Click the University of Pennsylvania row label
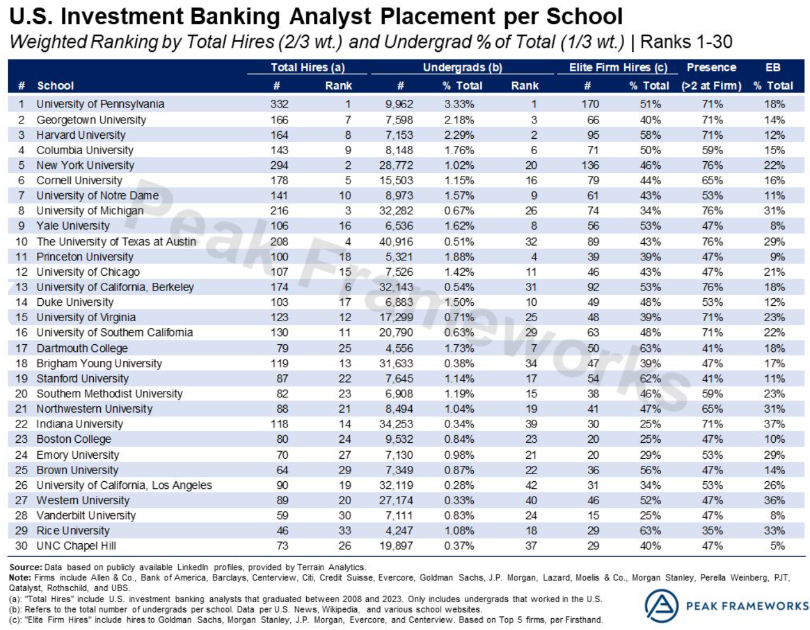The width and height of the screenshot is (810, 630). [100, 104]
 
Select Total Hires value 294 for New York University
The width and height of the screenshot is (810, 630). [279, 165]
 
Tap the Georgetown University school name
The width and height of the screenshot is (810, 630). [91, 120]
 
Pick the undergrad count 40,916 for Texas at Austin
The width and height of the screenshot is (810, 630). [396, 241]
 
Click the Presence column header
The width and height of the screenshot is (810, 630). [711, 67]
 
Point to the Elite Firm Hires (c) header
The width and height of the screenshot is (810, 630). [618, 67]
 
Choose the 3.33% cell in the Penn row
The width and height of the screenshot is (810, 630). [459, 104]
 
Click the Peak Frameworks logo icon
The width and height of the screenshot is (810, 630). [661, 606]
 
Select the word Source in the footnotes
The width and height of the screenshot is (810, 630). [25, 567]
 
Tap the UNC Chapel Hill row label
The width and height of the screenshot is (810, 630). [76, 546]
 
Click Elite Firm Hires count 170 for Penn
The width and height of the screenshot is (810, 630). [589, 104]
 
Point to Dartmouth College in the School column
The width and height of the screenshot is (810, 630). [82, 348]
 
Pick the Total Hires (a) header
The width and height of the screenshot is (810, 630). [307, 67]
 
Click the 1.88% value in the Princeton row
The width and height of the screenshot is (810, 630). [459, 257]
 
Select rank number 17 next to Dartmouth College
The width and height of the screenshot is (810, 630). [21, 348]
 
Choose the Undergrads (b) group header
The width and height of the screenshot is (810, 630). [462, 67]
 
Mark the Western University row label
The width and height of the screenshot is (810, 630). [83, 500]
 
